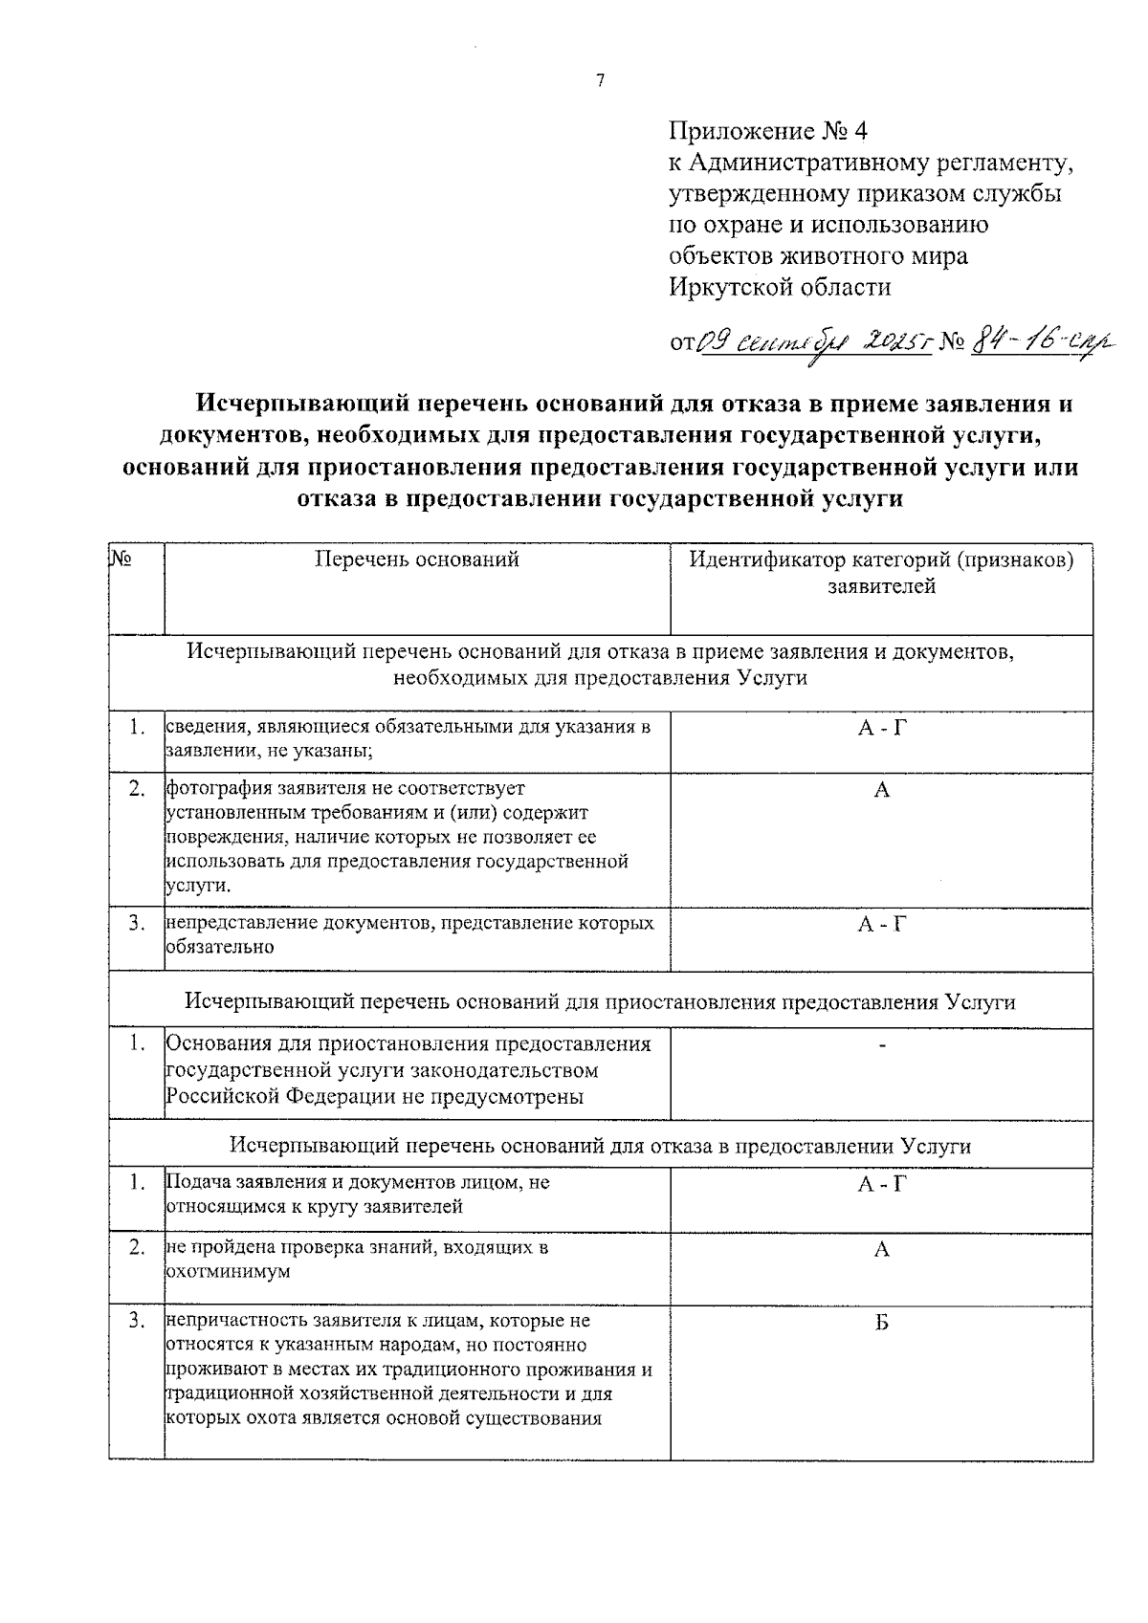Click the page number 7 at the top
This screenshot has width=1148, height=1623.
tap(600, 81)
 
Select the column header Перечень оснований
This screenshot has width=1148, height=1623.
tap(417, 559)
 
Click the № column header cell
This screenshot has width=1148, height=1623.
tap(121, 558)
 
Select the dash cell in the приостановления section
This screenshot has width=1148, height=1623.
tap(882, 1044)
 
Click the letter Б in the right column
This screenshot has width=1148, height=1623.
tap(882, 1322)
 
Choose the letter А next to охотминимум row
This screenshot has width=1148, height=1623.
tap(882, 1249)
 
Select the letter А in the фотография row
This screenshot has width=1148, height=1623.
tap(882, 790)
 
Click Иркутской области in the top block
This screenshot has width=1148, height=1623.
tap(780, 287)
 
